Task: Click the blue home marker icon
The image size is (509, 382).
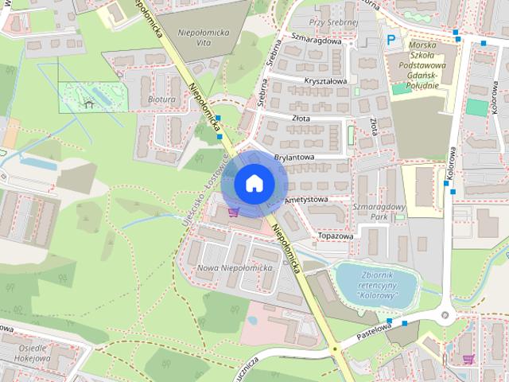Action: (253, 183)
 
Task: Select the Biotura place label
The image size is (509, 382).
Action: (163, 100)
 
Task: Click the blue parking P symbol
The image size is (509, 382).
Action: (390, 39)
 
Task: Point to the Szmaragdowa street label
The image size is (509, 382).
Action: (316, 41)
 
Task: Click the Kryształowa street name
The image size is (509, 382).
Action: (324, 81)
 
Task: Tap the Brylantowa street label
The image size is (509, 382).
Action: (294, 158)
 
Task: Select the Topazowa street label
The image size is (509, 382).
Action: (335, 236)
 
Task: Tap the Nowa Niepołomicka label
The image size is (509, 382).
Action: (235, 268)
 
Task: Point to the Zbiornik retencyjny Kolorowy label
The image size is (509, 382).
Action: (367, 285)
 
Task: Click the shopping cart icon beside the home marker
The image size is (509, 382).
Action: (233, 212)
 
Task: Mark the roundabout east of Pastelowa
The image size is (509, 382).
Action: (444, 315)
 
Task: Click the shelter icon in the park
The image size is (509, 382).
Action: (88, 103)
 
